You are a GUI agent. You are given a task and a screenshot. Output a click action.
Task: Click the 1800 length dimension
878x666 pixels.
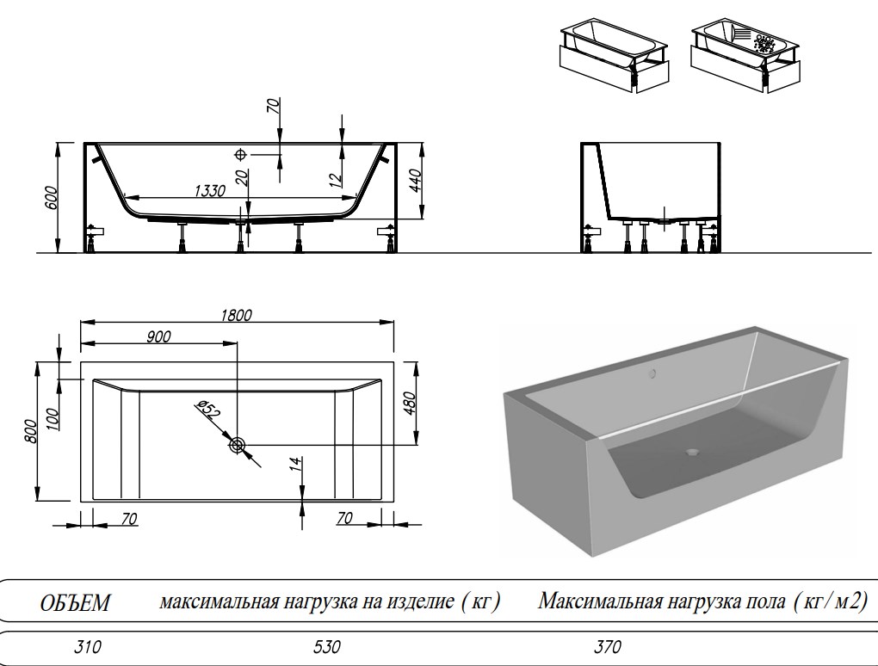(236, 316)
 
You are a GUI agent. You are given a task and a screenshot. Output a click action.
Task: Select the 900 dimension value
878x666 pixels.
(158, 336)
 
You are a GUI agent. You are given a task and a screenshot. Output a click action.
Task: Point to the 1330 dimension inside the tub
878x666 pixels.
(207, 190)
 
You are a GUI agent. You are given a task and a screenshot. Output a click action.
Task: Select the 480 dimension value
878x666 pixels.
(410, 402)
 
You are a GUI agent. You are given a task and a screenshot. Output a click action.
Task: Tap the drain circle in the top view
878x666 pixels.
(238, 445)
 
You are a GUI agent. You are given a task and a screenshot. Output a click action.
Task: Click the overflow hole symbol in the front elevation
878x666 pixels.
(241, 154)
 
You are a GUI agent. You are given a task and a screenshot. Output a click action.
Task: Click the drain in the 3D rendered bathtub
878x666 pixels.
(690, 450)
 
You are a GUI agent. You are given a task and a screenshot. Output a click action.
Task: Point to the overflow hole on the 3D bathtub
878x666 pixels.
(652, 374)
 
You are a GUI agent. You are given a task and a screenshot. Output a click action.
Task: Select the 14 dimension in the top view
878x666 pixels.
(294, 465)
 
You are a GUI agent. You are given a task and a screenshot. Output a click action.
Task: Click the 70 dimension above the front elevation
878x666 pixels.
(274, 107)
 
